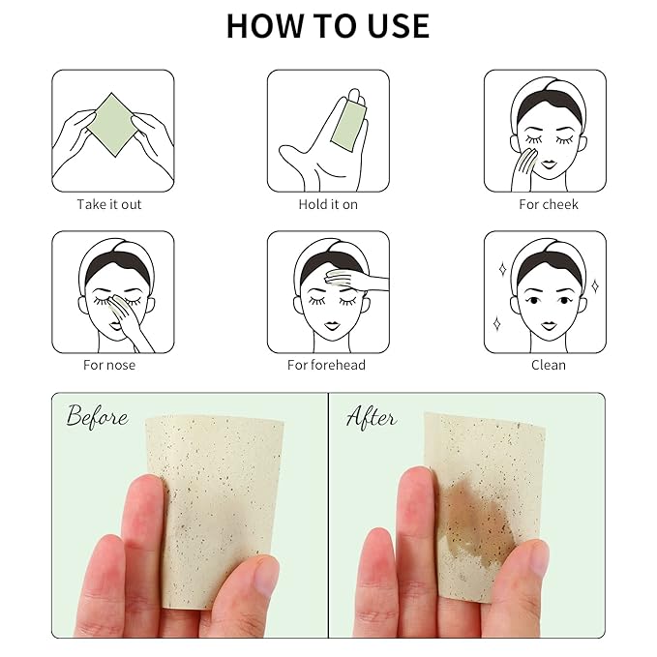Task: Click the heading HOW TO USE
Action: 327,26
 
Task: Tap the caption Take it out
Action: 109,204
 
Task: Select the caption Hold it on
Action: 327,204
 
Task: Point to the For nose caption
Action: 109,365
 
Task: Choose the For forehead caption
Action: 327,365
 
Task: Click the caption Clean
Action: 548,365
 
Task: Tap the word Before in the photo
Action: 97,417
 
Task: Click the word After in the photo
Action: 372,417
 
